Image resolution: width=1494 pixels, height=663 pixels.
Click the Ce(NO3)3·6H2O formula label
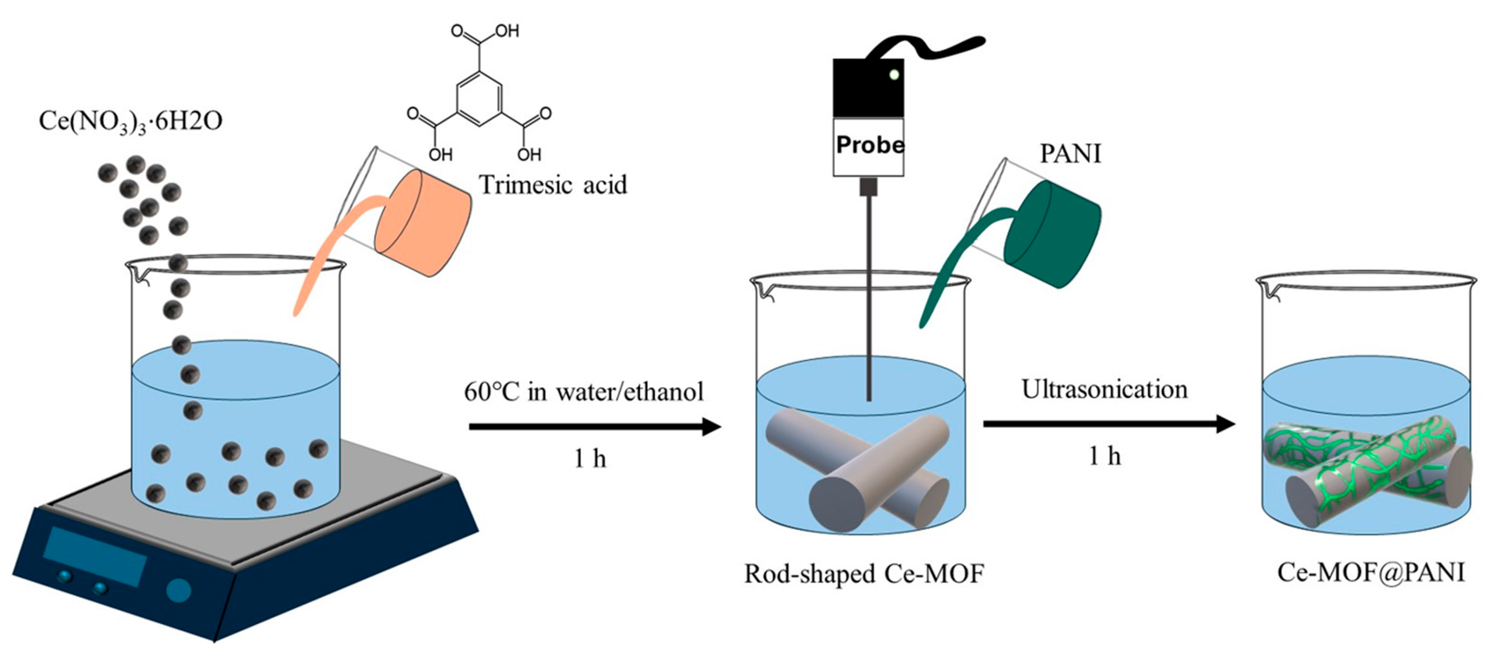(x=130, y=122)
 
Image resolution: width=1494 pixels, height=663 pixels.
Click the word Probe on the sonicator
(x=869, y=145)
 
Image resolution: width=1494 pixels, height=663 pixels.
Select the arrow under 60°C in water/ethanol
(x=594, y=428)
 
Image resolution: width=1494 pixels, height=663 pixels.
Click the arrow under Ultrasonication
(x=1108, y=424)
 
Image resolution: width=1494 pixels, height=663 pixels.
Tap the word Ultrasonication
(x=1104, y=390)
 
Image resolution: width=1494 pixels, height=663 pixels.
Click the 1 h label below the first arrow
(x=590, y=460)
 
